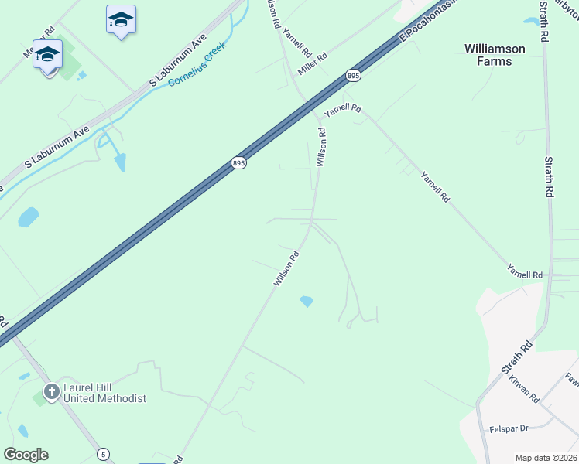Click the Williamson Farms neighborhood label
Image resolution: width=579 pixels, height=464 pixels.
[x=495, y=54]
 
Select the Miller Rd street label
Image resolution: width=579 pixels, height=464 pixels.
[x=313, y=59]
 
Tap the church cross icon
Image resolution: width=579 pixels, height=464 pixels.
[x=52, y=392]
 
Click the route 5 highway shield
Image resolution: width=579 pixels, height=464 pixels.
[x=104, y=453]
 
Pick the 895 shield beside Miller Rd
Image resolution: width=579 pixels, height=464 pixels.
[x=353, y=75]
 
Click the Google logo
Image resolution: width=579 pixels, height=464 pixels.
[x=26, y=455]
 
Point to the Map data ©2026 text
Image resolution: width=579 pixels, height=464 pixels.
[x=546, y=458]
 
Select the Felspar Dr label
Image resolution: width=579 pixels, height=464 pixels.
[x=508, y=428]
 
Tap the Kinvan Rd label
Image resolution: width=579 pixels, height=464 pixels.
[x=525, y=387]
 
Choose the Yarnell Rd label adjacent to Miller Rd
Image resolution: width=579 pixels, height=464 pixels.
[x=296, y=43]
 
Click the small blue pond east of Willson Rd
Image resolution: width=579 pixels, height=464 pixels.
[x=307, y=301]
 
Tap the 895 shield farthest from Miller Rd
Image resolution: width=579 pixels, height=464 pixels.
[x=238, y=163]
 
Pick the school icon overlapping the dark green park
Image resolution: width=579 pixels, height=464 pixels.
[x=47, y=56]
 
